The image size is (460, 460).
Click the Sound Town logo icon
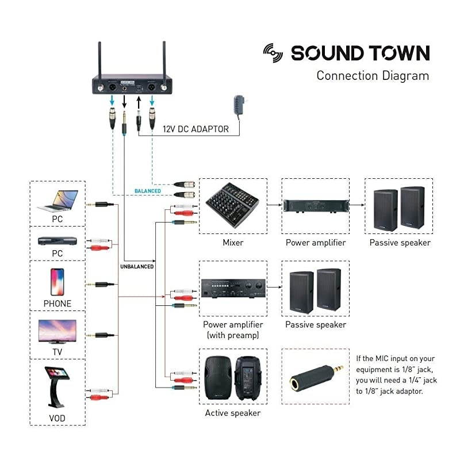coord(273,52)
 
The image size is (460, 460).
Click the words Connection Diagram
coord(373,75)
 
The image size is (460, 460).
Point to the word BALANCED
coord(148,191)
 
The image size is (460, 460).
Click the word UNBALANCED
coord(137,267)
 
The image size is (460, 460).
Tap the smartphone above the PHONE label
coord(57,282)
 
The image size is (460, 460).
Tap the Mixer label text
coord(233,243)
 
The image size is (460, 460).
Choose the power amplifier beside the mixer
coord(316,205)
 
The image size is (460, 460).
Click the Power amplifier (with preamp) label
coord(232,330)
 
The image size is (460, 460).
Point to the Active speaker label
coord(233,413)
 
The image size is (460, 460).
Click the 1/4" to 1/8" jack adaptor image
coord(316,377)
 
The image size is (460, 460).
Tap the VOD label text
coord(57,417)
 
